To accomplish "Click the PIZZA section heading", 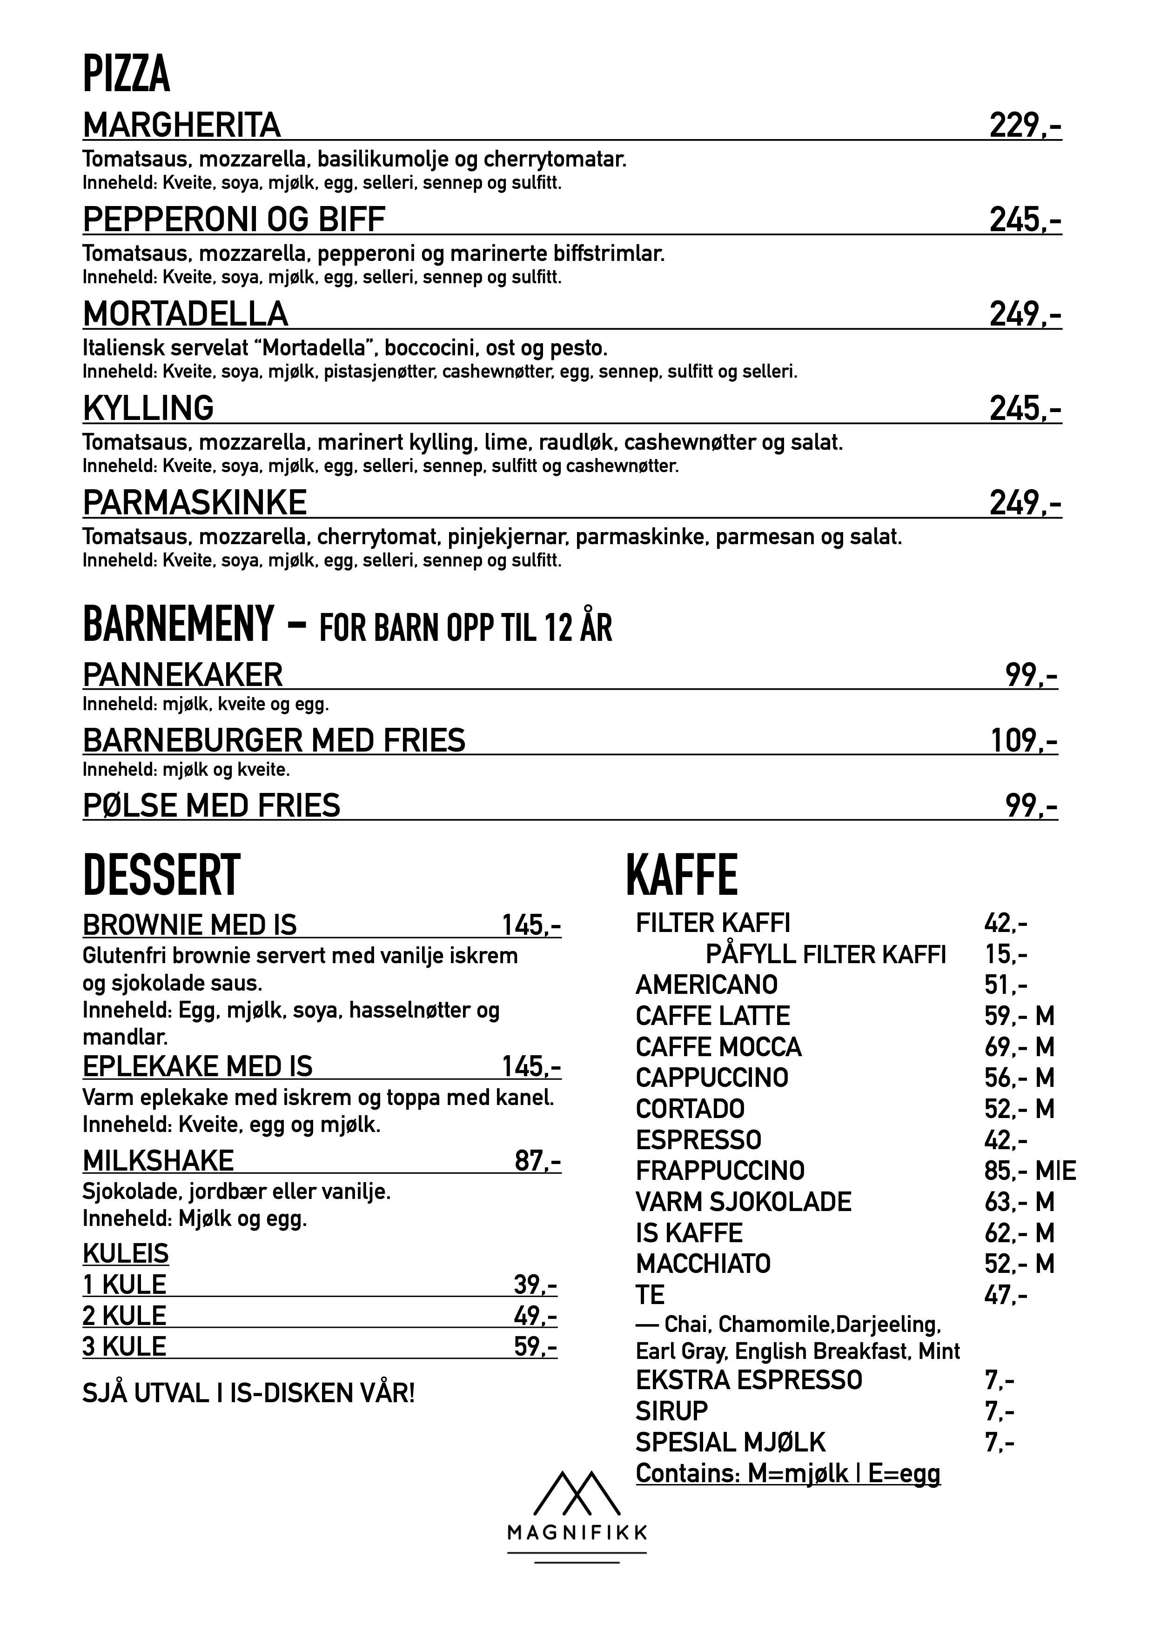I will click(x=127, y=74).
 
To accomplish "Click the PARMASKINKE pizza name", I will click(x=195, y=503).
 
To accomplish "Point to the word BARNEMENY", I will click(x=178, y=624).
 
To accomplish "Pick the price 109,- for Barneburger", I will click(x=1023, y=741).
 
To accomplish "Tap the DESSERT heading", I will click(x=162, y=875).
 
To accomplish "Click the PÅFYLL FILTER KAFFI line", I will click(x=825, y=954).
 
